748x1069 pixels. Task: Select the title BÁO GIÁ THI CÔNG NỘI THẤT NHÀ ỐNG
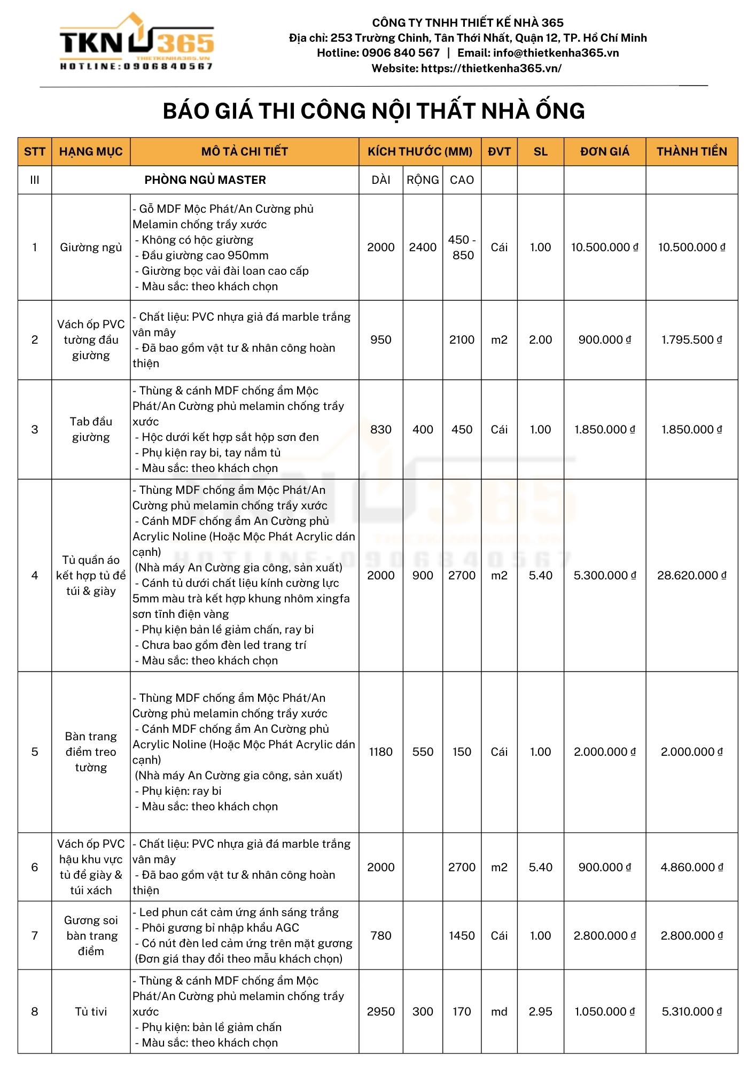point(373,111)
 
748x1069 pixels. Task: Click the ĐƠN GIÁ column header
point(605,152)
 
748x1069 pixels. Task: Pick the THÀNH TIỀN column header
point(692,152)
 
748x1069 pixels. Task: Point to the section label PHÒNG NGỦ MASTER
point(205,180)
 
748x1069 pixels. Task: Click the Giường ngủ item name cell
point(91,247)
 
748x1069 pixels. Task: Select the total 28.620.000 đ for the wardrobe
point(692,576)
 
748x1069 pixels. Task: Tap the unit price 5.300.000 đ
point(605,576)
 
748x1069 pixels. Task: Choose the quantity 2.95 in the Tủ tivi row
point(540,1012)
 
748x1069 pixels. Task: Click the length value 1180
point(381,752)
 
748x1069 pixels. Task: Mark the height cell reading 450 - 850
point(462,247)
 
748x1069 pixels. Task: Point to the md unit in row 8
point(499,1012)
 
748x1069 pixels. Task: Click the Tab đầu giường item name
point(91,430)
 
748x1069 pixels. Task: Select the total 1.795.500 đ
point(692,340)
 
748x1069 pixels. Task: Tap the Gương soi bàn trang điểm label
point(91,936)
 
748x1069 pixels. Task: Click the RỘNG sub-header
point(423,180)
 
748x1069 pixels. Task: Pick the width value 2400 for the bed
point(423,247)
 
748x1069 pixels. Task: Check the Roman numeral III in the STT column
point(35,180)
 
